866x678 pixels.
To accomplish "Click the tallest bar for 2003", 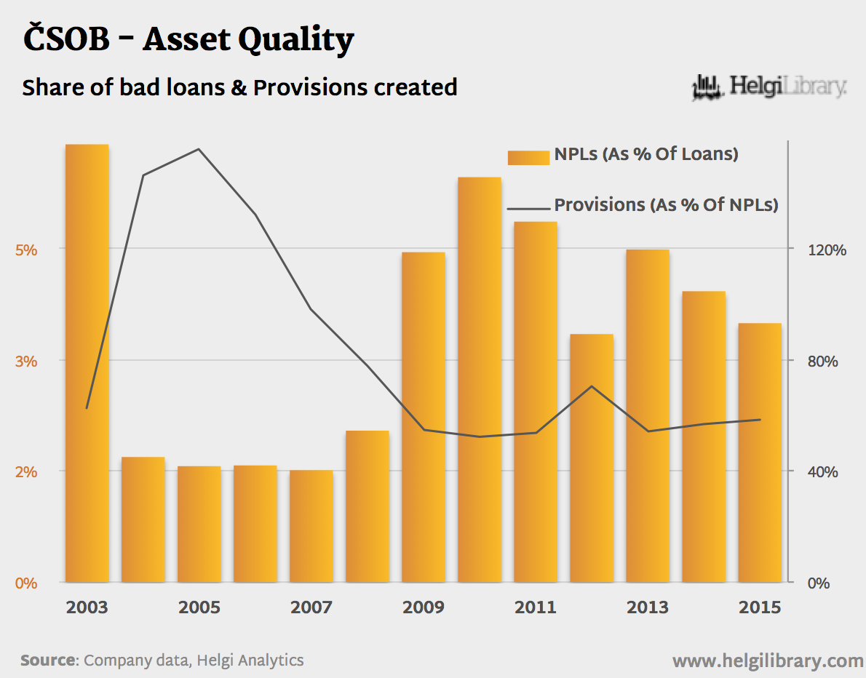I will coord(87,364).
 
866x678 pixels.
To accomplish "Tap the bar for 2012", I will coord(592,458).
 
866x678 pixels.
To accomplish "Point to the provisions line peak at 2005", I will coord(199,149).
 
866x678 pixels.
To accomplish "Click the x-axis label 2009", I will coord(424,607).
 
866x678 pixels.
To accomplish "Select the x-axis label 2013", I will coord(648,607).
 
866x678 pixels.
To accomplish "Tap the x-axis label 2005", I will coord(199,607).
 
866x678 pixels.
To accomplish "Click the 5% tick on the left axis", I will coord(26,250).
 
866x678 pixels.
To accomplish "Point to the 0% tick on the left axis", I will coord(26,583).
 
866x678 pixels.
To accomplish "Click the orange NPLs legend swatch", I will coord(528,157).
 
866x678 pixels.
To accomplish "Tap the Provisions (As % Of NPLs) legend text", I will coord(666,205).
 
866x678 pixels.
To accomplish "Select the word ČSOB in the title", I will coord(65,40).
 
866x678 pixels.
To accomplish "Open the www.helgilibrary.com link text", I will coord(768,661).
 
